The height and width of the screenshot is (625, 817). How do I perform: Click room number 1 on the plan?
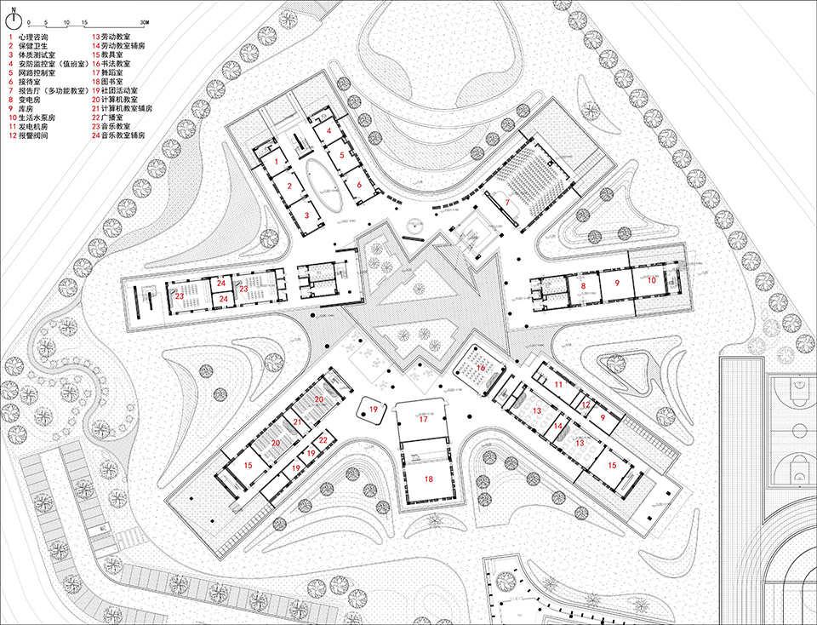pyautogui.click(x=276, y=160)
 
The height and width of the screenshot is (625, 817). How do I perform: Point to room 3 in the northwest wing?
pyautogui.click(x=307, y=216)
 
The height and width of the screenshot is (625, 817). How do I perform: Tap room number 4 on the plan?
pyautogui.click(x=328, y=132)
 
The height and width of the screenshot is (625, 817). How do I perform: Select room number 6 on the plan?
pyautogui.click(x=359, y=184)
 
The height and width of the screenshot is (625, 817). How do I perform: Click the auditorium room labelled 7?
pyautogui.click(x=507, y=201)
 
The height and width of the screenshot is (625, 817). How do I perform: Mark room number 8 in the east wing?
pyautogui.click(x=583, y=287)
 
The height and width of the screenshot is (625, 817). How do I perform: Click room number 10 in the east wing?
pyautogui.click(x=652, y=279)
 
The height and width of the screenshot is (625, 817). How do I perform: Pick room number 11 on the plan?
pyautogui.click(x=558, y=386)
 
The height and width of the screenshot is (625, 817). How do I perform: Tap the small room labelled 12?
pyautogui.click(x=586, y=405)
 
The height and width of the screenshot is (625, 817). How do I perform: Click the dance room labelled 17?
pyautogui.click(x=422, y=420)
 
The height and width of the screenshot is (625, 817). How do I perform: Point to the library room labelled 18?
pyautogui.click(x=428, y=479)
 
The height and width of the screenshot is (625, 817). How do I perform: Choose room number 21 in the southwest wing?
pyautogui.click(x=298, y=421)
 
